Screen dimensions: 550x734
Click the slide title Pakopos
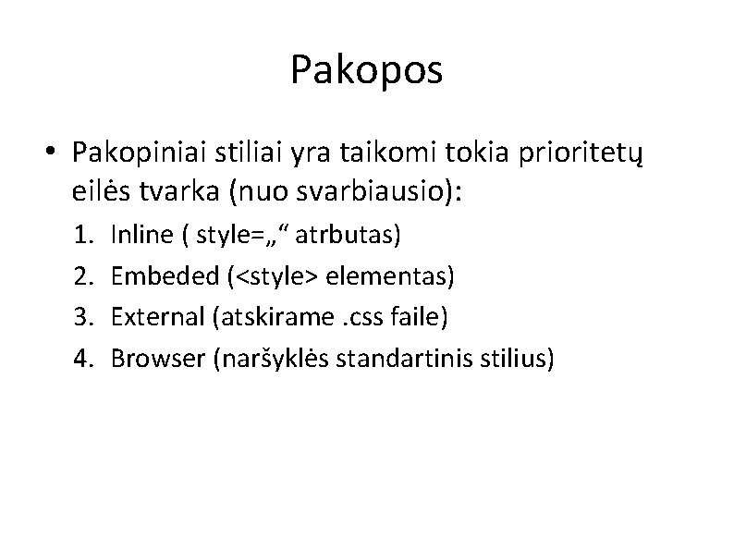tap(366, 69)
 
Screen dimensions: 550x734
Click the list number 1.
tap(84, 236)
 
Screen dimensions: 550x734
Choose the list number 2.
tap(84, 276)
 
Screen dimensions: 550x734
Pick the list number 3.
tap(84, 317)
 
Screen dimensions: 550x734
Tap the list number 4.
tap(84, 358)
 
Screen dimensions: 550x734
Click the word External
tap(156, 317)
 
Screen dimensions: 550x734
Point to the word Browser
tap(157, 358)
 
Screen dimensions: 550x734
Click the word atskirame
tap(274, 317)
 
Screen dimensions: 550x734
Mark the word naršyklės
tap(268, 358)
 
